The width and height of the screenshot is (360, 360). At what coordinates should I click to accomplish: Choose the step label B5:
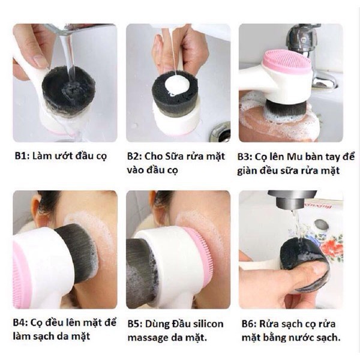136,323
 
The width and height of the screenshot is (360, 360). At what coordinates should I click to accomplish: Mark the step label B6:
247,323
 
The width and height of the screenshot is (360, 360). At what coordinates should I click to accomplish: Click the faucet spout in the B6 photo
292,200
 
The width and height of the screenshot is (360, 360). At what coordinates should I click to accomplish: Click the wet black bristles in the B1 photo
67,90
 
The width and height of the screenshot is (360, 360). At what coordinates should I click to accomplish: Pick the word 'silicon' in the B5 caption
206,323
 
